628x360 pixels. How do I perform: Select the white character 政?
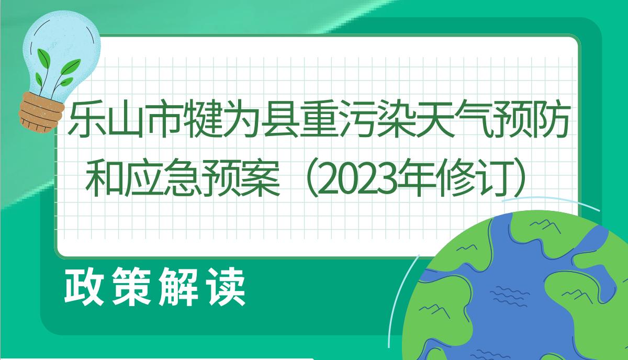pos(84,286)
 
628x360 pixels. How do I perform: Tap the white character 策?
pos(131,286)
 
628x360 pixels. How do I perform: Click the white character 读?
pos(226,286)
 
